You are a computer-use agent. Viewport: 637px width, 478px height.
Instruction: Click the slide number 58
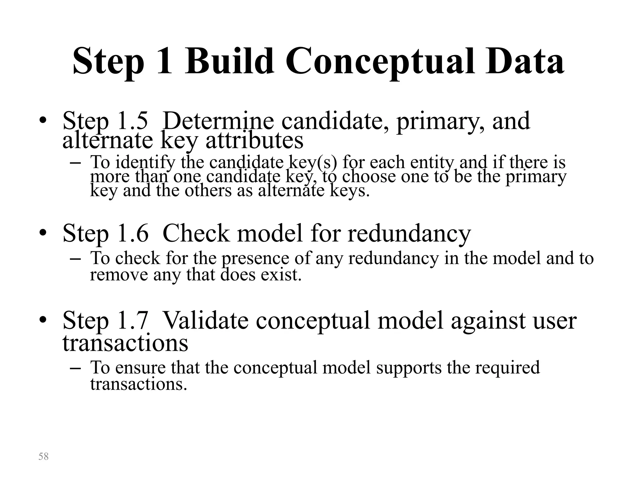click(x=44, y=457)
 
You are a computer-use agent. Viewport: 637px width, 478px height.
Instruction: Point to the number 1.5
click(x=133, y=121)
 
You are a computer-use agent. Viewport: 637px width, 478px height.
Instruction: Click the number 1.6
click(x=133, y=233)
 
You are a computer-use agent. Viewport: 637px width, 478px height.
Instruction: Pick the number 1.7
click(x=133, y=320)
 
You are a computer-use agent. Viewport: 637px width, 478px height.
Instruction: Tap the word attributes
click(x=254, y=140)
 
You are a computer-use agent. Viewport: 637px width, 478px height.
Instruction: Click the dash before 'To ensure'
click(x=76, y=368)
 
